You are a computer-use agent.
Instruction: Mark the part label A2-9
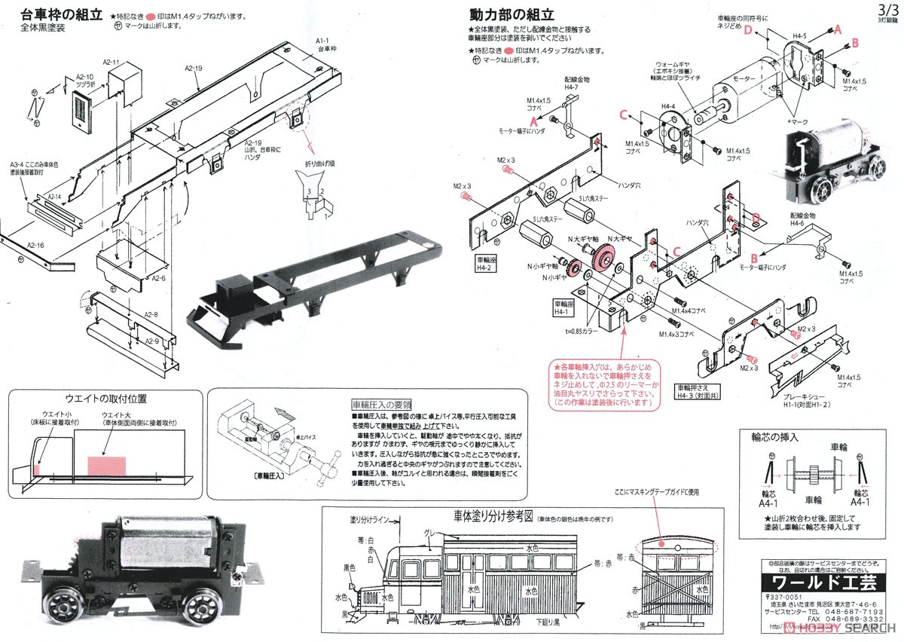click(153, 340)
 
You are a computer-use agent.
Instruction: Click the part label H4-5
click(799, 35)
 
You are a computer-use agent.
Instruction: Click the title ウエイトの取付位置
click(105, 399)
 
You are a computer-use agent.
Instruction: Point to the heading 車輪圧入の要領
click(386, 405)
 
